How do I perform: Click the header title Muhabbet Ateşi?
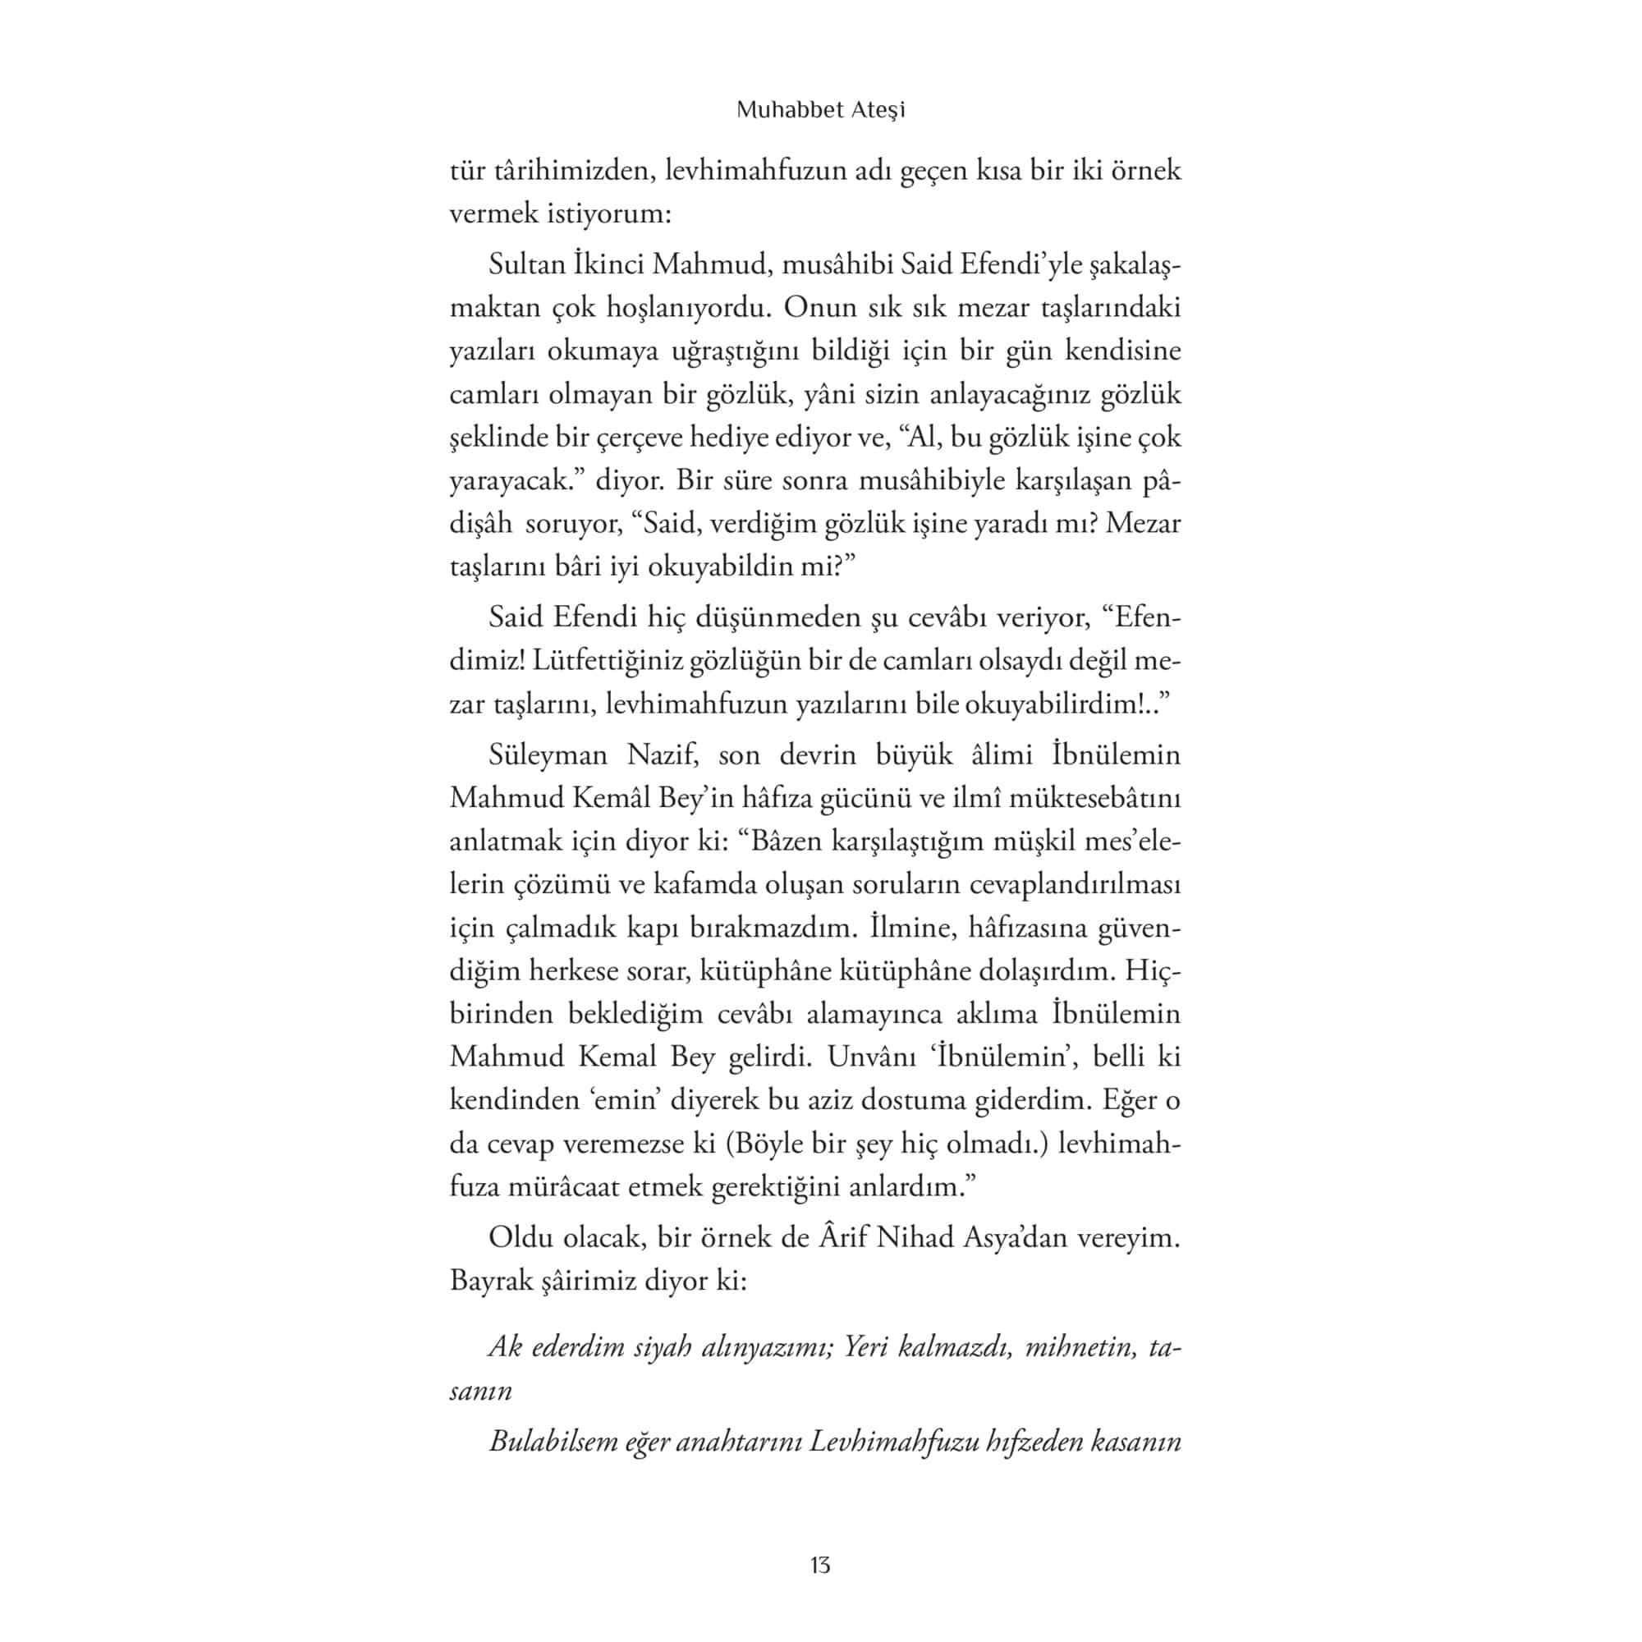[820, 111]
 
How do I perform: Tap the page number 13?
[820, 1566]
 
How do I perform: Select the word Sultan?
[526, 264]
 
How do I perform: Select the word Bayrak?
[491, 1281]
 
